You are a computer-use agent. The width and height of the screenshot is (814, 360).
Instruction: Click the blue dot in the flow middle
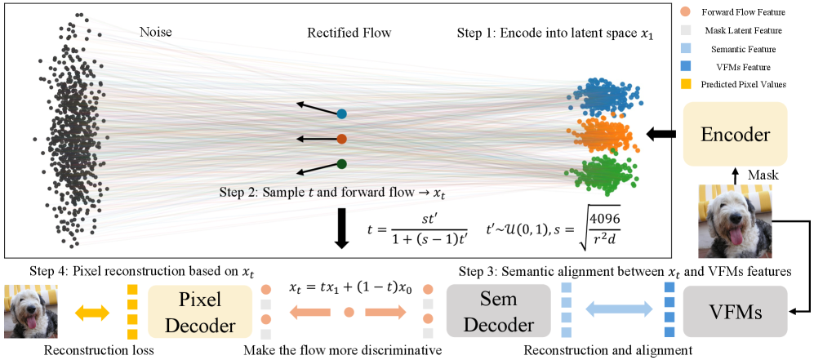[341, 114]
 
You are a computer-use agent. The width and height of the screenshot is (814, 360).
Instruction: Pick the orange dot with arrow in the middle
[341, 139]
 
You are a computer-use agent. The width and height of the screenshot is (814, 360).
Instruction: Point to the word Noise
[155, 33]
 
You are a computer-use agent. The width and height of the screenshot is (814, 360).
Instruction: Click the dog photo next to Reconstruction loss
[27, 311]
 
